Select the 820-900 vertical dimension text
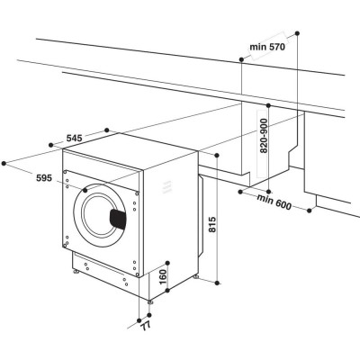(264, 138)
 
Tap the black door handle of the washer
(118, 217)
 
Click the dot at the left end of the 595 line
(6, 163)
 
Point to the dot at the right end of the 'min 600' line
(311, 212)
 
